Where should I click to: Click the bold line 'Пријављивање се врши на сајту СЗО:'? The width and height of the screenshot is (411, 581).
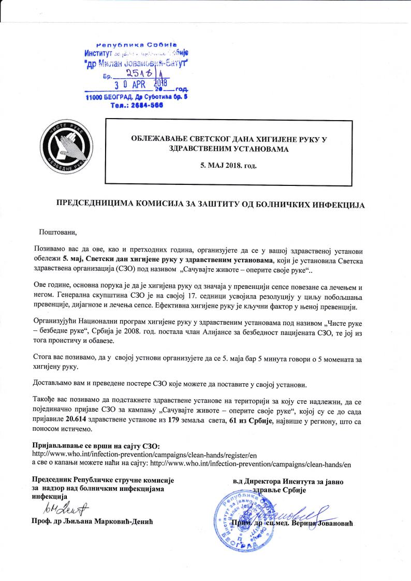coord(96,446)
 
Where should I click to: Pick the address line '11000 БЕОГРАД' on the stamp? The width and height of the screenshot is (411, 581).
coord(136,97)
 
